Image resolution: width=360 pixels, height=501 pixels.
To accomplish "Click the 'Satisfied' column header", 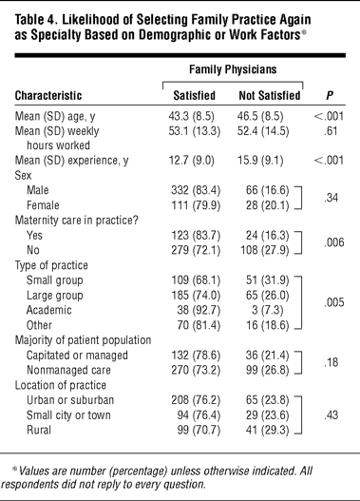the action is coord(195,95).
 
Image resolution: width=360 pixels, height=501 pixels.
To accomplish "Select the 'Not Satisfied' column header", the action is coord(270,95).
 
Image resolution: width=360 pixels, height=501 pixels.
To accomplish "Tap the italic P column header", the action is coord(330,95).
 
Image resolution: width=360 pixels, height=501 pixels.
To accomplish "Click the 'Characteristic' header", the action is coord(48,95).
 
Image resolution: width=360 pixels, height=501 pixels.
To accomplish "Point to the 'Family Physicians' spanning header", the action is coord(233,69).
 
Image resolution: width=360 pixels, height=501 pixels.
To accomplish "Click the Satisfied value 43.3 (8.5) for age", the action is coord(192,116).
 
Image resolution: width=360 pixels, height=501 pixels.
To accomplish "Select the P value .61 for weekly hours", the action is coord(331,131).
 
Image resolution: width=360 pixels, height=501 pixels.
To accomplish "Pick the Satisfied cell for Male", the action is coord(196,190).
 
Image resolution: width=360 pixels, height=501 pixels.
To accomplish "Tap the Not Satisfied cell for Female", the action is coord(267,205).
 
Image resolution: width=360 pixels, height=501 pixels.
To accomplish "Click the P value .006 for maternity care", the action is coord(334,242).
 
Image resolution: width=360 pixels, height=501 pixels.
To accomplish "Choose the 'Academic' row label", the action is coord(49,310).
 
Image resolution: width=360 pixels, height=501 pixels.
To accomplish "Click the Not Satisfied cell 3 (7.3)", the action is coord(268,310).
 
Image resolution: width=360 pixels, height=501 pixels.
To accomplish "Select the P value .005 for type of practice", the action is coord(334,302).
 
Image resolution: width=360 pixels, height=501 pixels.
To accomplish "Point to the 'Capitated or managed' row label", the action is coord(77,356).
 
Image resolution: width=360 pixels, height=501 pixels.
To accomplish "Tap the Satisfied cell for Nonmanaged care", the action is coord(196,371).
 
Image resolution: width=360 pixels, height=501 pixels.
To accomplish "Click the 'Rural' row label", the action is coord(39,430).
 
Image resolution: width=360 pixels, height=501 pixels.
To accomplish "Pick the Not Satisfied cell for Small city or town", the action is coord(267,415).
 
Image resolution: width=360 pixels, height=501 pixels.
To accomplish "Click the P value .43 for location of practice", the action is coord(331,415).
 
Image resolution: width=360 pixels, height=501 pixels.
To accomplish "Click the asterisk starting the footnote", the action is coord(14,469).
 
